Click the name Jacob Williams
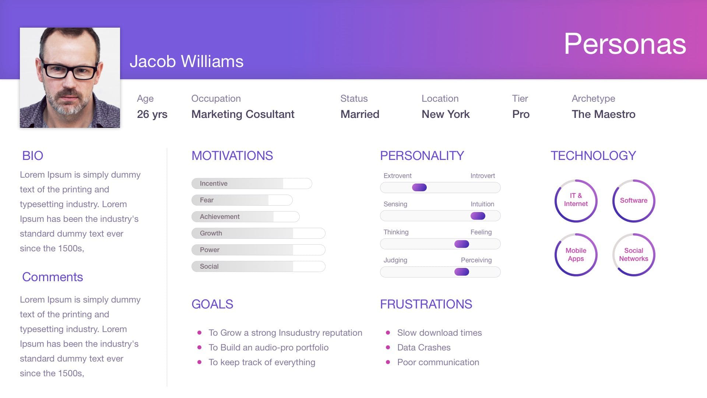(x=186, y=61)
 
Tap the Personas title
(x=625, y=43)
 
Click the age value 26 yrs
(x=152, y=114)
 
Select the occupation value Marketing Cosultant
(x=243, y=114)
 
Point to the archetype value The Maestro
(x=604, y=114)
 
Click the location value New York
(x=446, y=114)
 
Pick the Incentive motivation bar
(x=252, y=184)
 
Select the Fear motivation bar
(x=242, y=200)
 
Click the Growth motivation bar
(x=258, y=233)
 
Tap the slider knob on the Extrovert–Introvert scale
(x=419, y=188)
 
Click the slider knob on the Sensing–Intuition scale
(x=478, y=216)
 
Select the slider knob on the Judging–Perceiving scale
(x=462, y=272)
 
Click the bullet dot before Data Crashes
(x=388, y=348)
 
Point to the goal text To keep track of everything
(x=262, y=362)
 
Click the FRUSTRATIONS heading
(x=426, y=304)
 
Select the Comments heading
(x=53, y=277)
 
